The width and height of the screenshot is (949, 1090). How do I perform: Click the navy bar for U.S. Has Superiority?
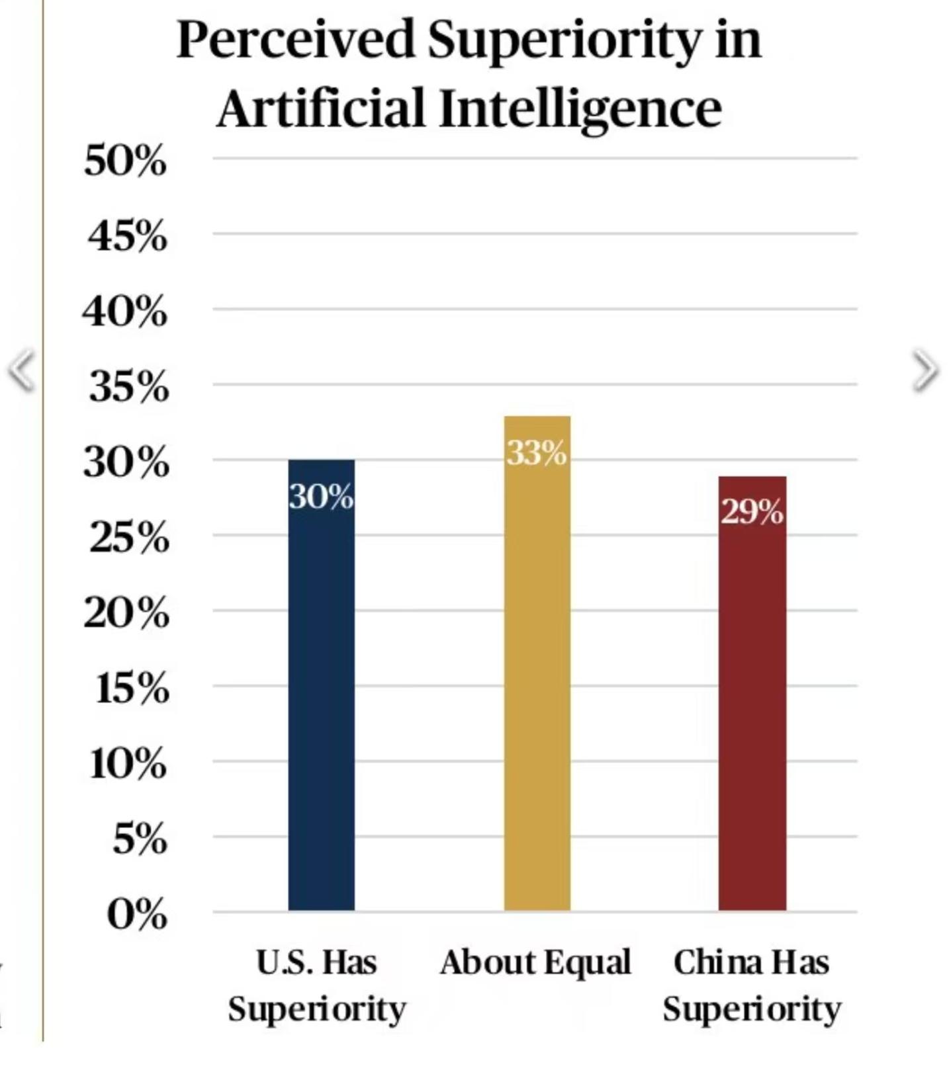click(x=321, y=694)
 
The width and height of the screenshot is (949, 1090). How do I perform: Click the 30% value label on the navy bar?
click(x=321, y=497)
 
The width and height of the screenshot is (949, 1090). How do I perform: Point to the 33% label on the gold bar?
click(x=537, y=453)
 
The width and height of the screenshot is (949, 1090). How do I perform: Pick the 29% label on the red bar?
click(x=752, y=511)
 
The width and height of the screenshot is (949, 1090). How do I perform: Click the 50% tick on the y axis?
click(x=125, y=161)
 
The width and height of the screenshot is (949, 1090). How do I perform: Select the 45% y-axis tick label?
click(x=127, y=236)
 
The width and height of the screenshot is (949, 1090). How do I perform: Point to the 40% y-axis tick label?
click(x=125, y=312)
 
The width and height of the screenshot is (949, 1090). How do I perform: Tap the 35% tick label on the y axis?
click(x=129, y=387)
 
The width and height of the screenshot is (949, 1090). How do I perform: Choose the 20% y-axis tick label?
click(x=126, y=613)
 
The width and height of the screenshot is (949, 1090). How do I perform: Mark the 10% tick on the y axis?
click(x=128, y=764)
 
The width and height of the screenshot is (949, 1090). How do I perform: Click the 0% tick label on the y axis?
click(x=136, y=915)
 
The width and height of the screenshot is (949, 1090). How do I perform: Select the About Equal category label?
click(x=535, y=962)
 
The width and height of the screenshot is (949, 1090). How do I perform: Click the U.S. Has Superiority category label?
click(x=316, y=985)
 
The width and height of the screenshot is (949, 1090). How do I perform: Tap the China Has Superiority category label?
click(x=752, y=985)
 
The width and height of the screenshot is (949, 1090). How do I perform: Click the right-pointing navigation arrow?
click(x=925, y=371)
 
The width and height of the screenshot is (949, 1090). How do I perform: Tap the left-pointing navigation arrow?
click(x=21, y=370)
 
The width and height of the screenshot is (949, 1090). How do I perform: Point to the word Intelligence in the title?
click(x=580, y=108)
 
